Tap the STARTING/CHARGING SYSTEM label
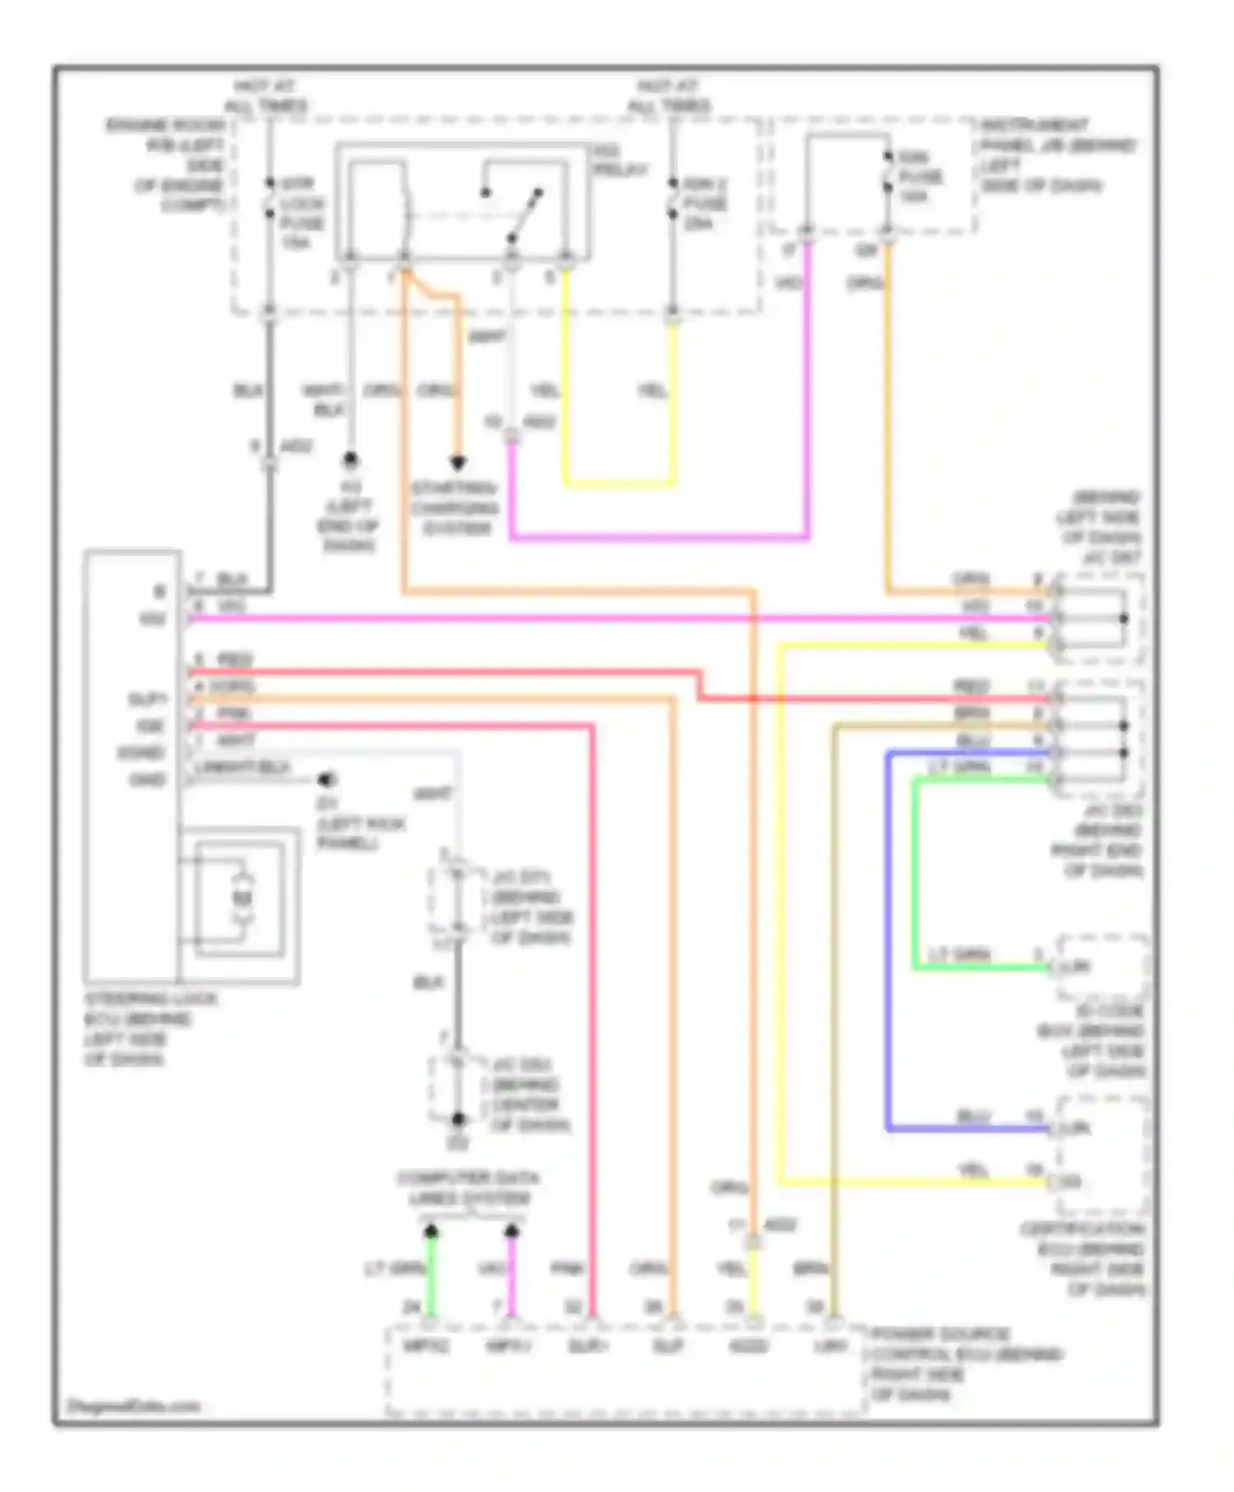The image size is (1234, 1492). pyautogui.click(x=456, y=508)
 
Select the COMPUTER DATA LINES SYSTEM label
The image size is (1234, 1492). pyautogui.click(x=467, y=1189)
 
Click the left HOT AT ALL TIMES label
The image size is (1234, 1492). pyautogui.click(x=265, y=96)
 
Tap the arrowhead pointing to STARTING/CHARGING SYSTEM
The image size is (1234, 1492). pyautogui.click(x=457, y=463)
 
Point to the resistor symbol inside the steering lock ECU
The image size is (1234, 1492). pyautogui.click(x=241, y=899)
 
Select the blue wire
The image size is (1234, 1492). pyautogui.click(x=888, y=946)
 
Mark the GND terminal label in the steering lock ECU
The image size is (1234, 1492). pyautogui.click(x=147, y=780)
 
